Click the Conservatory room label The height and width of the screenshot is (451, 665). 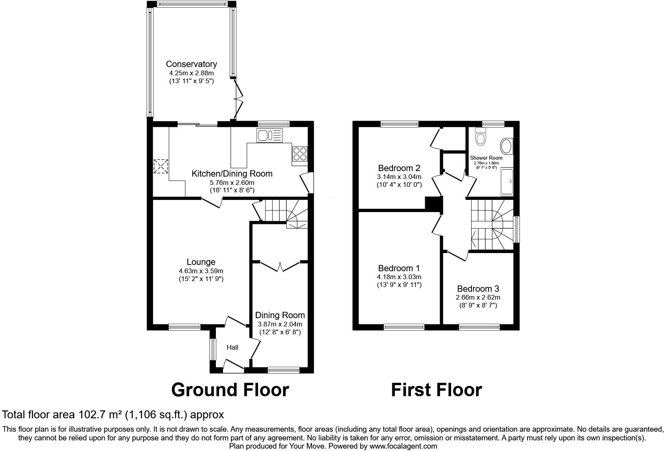(191, 64)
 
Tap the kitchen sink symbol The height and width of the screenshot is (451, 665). (270, 136)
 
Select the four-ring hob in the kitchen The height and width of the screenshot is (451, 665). (300, 153)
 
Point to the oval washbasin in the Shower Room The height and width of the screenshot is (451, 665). (506, 146)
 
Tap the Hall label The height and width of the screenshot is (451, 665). (232, 347)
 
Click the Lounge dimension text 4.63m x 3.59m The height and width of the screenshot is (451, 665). (201, 271)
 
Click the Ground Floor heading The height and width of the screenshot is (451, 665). (230, 389)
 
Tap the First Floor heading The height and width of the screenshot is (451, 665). (436, 389)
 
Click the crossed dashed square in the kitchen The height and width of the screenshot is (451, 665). (161, 166)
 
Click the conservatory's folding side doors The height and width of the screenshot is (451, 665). (238, 99)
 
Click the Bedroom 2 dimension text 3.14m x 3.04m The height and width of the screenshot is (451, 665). (399, 177)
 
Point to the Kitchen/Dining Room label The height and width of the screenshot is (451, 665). (232, 173)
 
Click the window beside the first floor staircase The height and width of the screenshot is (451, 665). (516, 229)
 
